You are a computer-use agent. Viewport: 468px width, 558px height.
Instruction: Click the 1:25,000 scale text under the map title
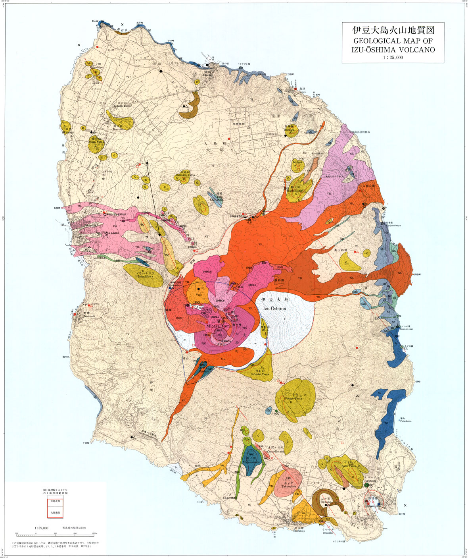tap(393, 58)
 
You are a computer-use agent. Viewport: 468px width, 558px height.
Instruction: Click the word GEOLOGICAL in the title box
tap(377, 41)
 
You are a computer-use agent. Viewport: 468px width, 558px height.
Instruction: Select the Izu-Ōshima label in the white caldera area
tap(274, 308)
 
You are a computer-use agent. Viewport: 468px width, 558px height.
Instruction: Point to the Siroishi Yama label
tap(260, 374)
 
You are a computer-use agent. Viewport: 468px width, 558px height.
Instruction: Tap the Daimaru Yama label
tap(185, 175)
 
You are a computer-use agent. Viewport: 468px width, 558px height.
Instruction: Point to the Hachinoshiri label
tap(295, 191)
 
